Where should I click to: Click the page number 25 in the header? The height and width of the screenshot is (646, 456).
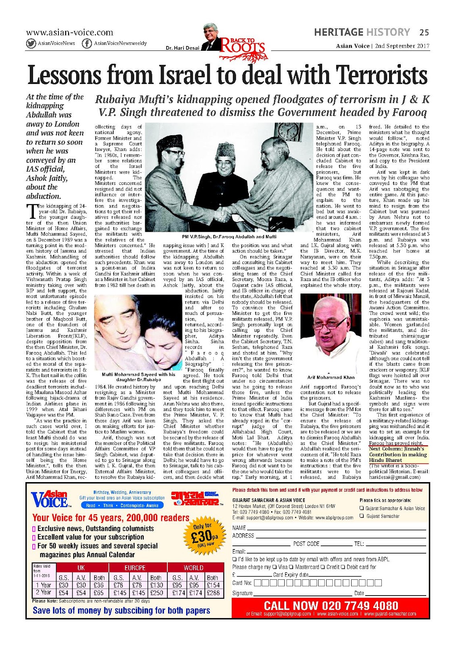click(424, 32)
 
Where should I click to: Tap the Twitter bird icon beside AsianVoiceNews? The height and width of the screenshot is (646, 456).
click(31, 44)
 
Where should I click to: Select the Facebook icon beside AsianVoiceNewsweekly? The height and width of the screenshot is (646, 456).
click(86, 44)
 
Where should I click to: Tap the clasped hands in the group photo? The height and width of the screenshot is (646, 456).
click(221, 214)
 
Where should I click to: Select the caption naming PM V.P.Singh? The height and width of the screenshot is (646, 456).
click(229, 237)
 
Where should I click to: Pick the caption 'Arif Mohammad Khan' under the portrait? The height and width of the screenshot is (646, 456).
click(331, 378)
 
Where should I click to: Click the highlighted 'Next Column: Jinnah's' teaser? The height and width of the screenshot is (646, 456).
click(397, 449)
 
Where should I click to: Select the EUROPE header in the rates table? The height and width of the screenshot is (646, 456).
click(135, 568)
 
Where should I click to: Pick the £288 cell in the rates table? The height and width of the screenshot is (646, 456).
click(213, 593)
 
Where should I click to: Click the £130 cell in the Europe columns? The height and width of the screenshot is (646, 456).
click(156, 585)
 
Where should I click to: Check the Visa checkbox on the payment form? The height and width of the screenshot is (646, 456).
click(275, 567)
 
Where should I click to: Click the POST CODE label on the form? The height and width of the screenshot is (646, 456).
click(306, 544)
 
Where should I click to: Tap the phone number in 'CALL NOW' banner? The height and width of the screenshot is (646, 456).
click(360, 606)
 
